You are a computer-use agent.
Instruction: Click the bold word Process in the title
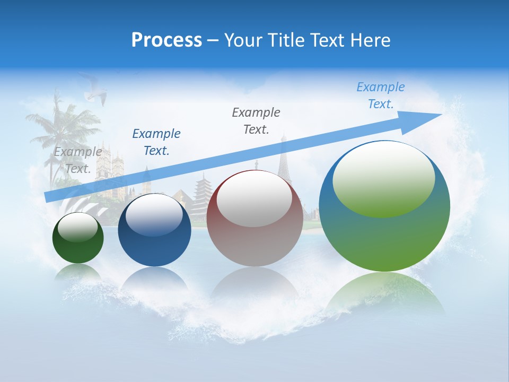coord(166,40)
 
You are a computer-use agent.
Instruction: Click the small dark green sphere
coord(78,239)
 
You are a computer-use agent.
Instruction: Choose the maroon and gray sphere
coord(254,219)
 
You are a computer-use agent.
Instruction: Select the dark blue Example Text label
coord(156,142)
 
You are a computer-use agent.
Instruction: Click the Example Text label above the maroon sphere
coord(256,121)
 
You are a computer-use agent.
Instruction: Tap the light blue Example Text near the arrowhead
coord(381,95)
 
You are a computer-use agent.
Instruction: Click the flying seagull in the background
coord(94,93)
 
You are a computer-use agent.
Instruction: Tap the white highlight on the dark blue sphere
coord(154,215)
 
